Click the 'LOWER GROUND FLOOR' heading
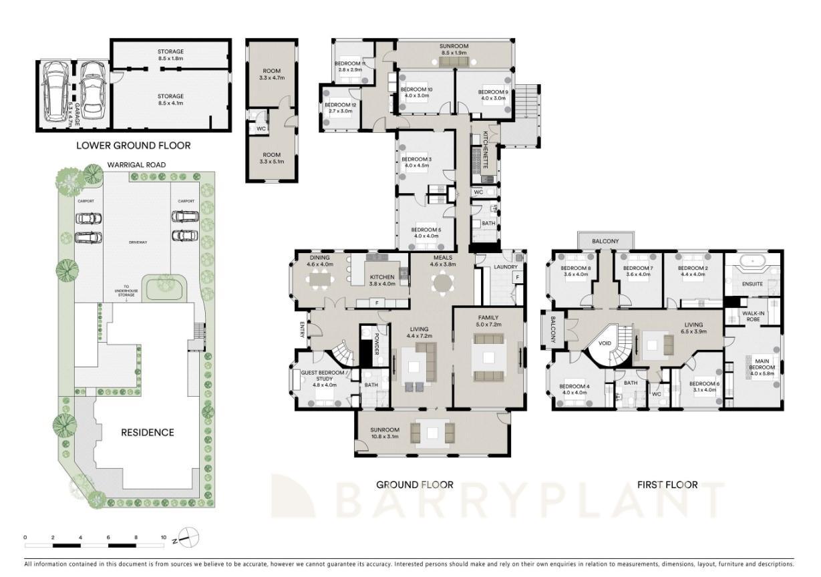(x=133, y=145)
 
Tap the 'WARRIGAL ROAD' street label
(x=137, y=164)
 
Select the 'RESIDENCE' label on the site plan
(x=148, y=432)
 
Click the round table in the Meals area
(x=442, y=283)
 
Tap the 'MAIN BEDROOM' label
(x=762, y=365)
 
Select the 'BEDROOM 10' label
(x=416, y=92)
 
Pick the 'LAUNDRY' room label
(x=506, y=267)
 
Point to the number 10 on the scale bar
(x=163, y=537)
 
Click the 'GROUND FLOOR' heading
(x=414, y=485)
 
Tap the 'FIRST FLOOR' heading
(x=667, y=485)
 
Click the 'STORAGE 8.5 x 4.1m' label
(x=170, y=100)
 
